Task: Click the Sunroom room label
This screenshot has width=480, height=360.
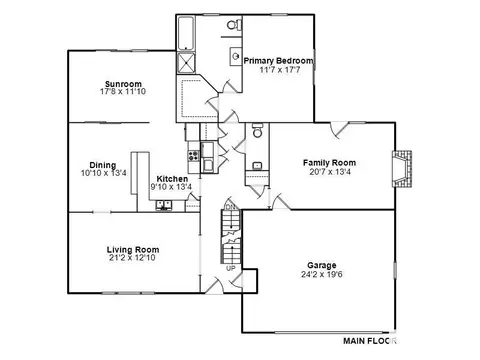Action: click(123, 84)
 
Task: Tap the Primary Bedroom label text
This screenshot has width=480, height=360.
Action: click(279, 61)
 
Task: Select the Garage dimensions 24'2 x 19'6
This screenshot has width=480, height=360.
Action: click(322, 274)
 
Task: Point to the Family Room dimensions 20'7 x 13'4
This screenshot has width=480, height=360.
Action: click(330, 172)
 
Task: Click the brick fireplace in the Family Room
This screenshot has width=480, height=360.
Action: click(402, 169)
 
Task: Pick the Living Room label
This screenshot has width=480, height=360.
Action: click(133, 250)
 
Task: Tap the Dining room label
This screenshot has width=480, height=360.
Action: click(103, 166)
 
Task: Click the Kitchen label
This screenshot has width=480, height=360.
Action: click(172, 179)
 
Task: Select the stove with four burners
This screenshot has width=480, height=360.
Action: click(194, 156)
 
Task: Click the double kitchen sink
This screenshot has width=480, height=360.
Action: click(164, 205)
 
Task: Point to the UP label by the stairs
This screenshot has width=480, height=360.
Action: click(230, 268)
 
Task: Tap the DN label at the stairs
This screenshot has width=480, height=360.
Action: click(230, 207)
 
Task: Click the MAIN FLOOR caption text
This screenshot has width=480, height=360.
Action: click(370, 341)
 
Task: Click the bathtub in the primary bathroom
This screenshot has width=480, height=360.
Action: click(186, 33)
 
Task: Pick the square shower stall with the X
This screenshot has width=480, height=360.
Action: click(186, 63)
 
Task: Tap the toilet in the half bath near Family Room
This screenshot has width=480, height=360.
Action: click(257, 131)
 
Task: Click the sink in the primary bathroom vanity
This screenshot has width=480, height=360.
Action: click(236, 56)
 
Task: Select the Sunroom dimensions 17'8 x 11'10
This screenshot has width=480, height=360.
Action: click(123, 91)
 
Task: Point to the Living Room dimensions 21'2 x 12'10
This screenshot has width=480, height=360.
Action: click(132, 257)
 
